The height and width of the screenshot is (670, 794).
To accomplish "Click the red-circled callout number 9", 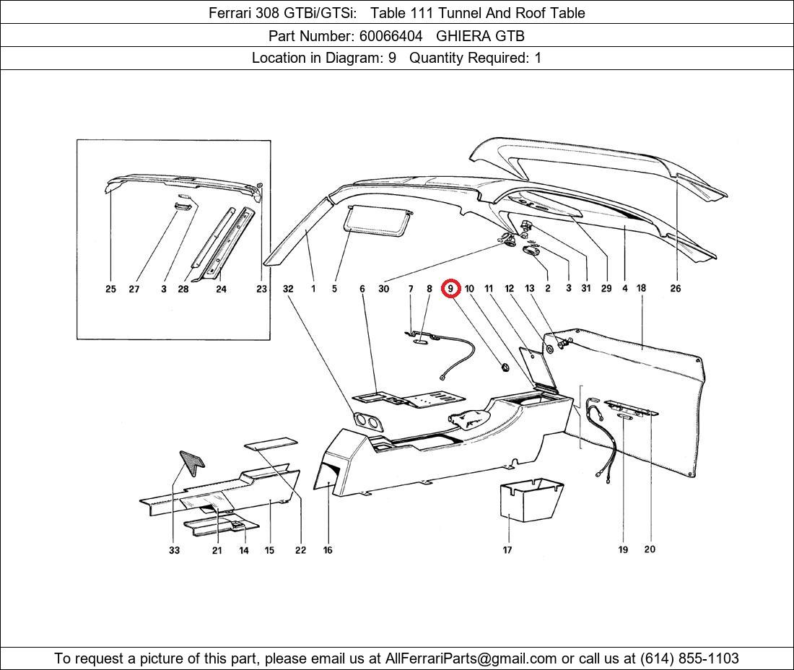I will point(450,289).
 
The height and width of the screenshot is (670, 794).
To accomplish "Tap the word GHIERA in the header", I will point(463,35).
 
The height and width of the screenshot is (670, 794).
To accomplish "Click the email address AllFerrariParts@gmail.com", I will point(471,658).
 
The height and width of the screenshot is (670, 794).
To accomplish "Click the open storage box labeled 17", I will point(530,500).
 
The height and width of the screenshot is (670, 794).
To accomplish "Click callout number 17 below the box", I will point(507,550).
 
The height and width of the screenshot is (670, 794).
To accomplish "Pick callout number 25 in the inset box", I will point(110,289).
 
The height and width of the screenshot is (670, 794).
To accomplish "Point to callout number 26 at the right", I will point(675,289).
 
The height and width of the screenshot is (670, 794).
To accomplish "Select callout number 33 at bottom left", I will point(174,550).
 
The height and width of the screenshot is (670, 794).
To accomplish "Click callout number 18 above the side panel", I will point(641,288).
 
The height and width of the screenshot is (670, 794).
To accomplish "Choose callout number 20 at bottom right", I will point(650,549).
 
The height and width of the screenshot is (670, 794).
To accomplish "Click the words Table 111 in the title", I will point(405,13).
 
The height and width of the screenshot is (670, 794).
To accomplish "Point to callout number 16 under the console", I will point(328,550).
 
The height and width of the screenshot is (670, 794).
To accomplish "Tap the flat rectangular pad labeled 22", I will point(271,443).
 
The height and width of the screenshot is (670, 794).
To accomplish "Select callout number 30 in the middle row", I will point(383,289).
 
